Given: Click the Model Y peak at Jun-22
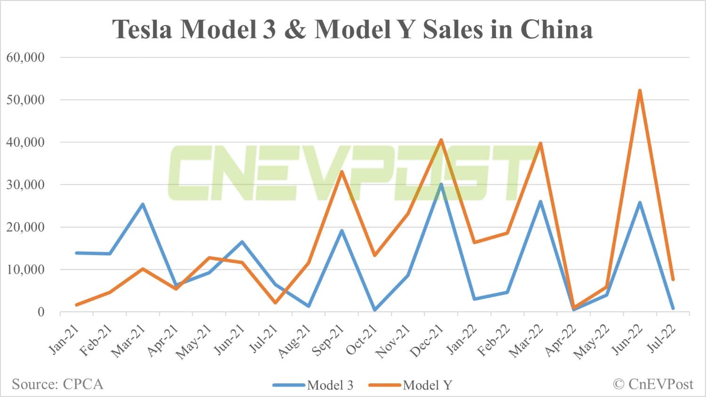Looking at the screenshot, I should point(640,90).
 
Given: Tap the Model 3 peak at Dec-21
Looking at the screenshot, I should point(441,184).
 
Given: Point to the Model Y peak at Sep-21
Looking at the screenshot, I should point(342,172).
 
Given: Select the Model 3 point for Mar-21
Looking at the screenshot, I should point(143,204).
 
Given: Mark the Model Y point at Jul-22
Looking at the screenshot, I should point(673,280).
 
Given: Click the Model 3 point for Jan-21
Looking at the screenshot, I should point(77,253).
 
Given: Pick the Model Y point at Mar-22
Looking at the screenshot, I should point(540,143).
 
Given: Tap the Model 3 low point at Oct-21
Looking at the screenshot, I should point(375,310).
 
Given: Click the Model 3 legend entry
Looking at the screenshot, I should point(313,385).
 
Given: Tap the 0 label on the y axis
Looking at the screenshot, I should point(41,312).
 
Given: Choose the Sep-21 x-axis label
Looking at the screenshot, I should point(328,341).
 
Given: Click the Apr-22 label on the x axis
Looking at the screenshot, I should point(560,341).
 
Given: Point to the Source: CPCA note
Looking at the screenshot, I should point(57,384).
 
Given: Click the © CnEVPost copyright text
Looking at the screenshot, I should point(653,384).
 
